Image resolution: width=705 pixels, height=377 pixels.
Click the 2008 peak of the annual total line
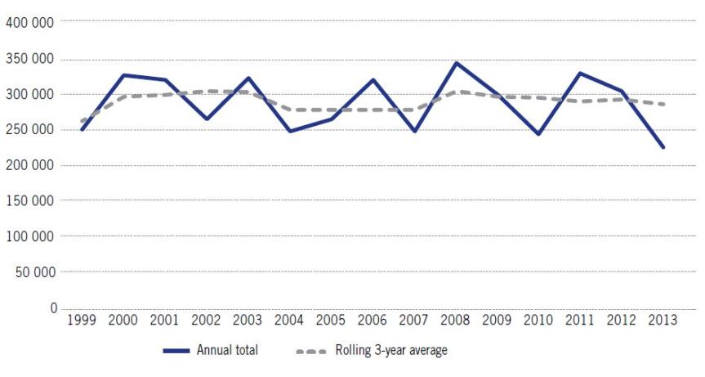click(x=457, y=63)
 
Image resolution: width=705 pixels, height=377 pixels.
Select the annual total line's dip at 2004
click(x=290, y=131)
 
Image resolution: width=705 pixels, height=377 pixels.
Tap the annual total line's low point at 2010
click(x=540, y=134)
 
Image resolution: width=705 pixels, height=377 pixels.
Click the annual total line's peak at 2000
click(x=123, y=75)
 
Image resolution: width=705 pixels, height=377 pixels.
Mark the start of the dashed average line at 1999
click(x=82, y=122)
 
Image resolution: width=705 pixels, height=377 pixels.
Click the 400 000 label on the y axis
click(x=30, y=22)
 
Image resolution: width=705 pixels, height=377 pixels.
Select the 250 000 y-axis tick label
click(x=30, y=129)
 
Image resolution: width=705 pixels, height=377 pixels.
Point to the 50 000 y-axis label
click(x=33, y=272)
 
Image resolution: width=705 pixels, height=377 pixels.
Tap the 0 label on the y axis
click(x=52, y=307)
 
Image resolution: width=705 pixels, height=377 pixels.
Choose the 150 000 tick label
click(x=30, y=200)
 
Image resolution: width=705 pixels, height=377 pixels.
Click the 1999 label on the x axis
click(x=82, y=320)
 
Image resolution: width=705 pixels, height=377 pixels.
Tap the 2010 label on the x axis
click(x=540, y=320)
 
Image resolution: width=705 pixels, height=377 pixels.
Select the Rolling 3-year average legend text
click(x=391, y=351)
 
